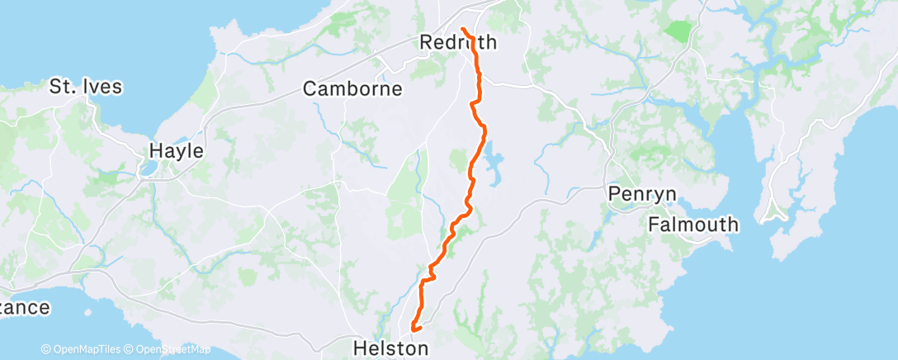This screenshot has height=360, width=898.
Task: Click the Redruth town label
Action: (458, 42)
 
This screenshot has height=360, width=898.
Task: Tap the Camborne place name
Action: (352, 88)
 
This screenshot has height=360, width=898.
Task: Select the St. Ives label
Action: (86, 86)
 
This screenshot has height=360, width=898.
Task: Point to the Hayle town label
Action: (176, 151)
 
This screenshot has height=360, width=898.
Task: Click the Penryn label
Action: (642, 194)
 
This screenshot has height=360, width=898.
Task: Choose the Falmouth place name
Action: (692, 224)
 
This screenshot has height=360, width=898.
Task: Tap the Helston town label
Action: (390, 348)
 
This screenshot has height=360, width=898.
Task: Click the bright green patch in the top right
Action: (679, 32)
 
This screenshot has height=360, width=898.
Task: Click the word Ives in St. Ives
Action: (102, 86)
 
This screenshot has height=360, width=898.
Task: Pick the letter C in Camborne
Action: (310, 88)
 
